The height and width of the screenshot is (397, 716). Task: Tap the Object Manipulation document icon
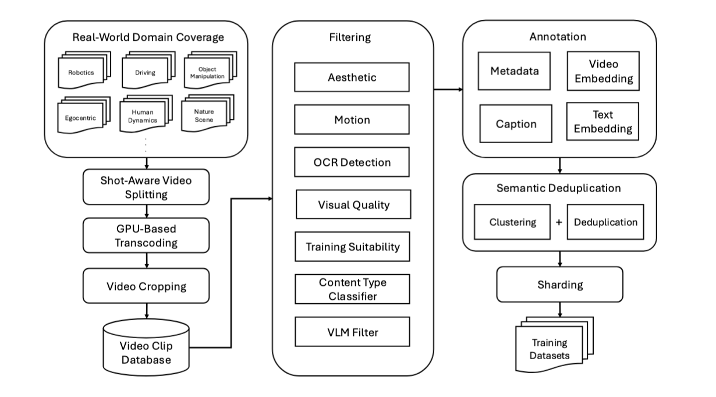(x=207, y=73)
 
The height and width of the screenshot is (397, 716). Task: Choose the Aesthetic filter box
(x=352, y=78)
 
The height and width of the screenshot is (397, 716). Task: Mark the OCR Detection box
(x=352, y=162)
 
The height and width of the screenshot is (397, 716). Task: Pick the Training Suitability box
(x=353, y=247)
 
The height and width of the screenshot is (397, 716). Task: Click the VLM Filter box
(x=352, y=332)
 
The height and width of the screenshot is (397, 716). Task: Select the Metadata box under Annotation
(x=514, y=71)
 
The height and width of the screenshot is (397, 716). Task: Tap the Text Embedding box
(x=602, y=122)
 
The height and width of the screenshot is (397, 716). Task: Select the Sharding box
(x=559, y=285)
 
